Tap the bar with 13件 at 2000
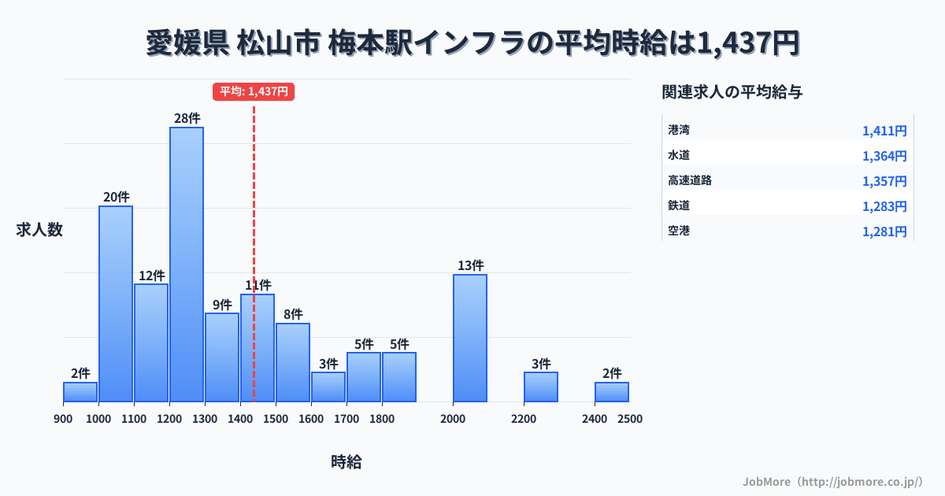click(470, 338)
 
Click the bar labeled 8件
click(293, 362)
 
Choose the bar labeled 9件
click(222, 357)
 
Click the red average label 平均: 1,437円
click(254, 91)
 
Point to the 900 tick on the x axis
click(63, 419)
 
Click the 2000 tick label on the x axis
click(453, 419)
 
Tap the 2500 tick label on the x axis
click(630, 419)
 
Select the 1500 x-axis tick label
click(276, 419)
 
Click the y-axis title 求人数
click(39, 230)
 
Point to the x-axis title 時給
click(346, 462)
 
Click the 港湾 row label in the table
click(678, 129)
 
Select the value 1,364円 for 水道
click(884, 156)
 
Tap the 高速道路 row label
click(689, 180)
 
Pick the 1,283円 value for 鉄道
click(884, 206)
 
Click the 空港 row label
click(678, 231)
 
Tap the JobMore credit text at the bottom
click(832, 481)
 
